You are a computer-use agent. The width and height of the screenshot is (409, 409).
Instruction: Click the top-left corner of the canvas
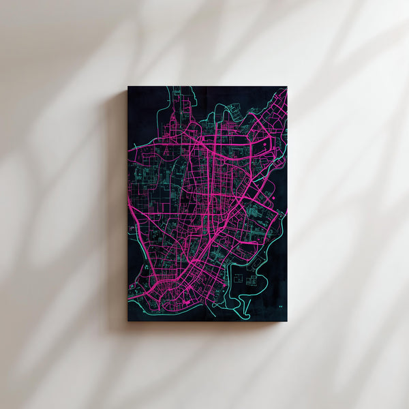[x=128, y=87]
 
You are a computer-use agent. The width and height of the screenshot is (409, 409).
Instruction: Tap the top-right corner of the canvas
[x=286, y=87]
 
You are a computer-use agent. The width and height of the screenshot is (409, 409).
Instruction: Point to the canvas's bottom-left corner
[x=128, y=320]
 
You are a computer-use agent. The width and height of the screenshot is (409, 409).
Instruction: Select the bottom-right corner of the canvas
[x=286, y=320]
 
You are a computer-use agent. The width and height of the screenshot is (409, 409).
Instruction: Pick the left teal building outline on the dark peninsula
[x=239, y=279]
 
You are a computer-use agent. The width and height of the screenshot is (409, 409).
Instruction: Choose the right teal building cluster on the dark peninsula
[x=252, y=280]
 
